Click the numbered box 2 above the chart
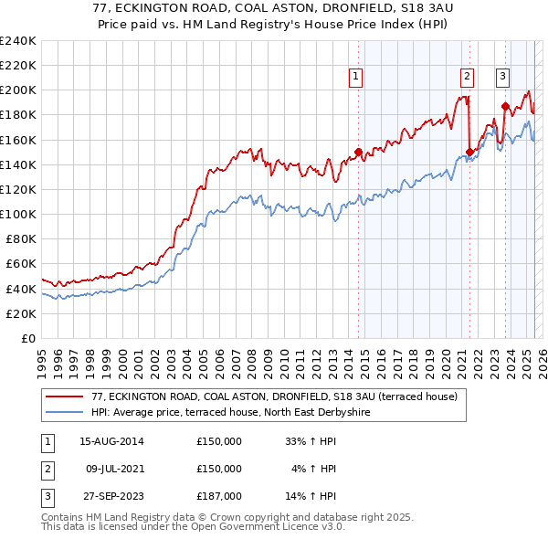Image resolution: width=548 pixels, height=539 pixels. [467, 77]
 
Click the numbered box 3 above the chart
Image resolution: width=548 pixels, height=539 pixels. [502, 77]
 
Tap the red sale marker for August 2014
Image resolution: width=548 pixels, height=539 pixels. [359, 152]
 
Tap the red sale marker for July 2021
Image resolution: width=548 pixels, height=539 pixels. [469, 152]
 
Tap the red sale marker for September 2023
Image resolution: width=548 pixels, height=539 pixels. [505, 106]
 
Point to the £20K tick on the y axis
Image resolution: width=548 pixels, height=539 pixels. [22, 313]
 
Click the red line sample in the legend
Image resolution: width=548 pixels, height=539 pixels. [65, 396]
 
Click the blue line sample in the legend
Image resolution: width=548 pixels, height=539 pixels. [65, 411]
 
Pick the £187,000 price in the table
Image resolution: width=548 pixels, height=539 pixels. [219, 496]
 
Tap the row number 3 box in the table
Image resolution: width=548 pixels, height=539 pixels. [46, 496]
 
